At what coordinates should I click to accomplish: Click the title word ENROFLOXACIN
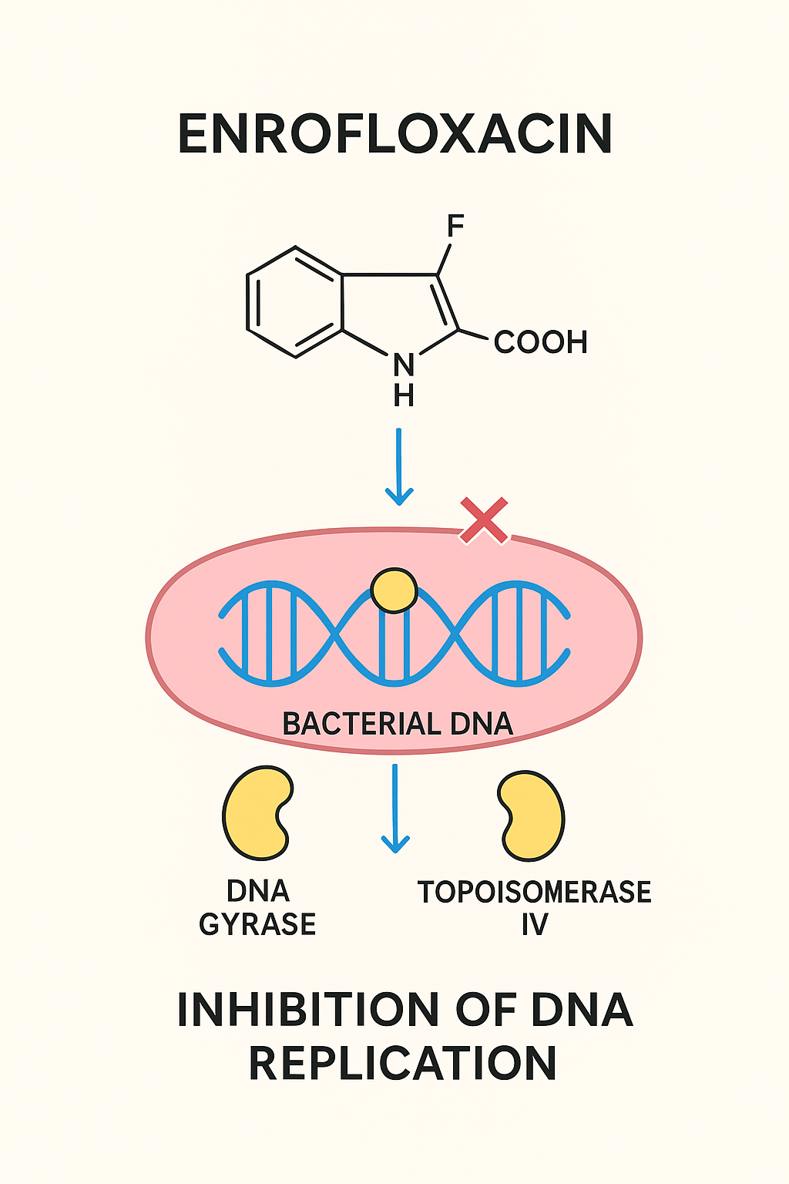(394, 134)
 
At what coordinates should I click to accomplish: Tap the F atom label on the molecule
(455, 227)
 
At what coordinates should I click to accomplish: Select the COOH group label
(540, 342)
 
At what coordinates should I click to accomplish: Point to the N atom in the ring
(404, 365)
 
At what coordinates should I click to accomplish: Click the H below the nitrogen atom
(404, 395)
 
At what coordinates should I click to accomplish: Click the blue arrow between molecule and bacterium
(398, 466)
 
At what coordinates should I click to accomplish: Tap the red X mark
(484, 520)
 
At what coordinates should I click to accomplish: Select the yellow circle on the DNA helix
(394, 591)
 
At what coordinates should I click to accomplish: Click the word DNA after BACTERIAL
(482, 724)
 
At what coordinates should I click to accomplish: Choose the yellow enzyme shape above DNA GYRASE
(257, 812)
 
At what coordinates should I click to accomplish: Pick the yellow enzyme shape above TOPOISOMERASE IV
(531, 816)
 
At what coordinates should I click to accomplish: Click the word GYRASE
(257, 924)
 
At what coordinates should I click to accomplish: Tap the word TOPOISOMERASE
(534, 892)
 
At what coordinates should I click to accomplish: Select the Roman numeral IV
(534, 924)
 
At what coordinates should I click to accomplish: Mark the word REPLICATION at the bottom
(402, 1064)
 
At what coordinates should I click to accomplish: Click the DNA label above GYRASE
(257, 891)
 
